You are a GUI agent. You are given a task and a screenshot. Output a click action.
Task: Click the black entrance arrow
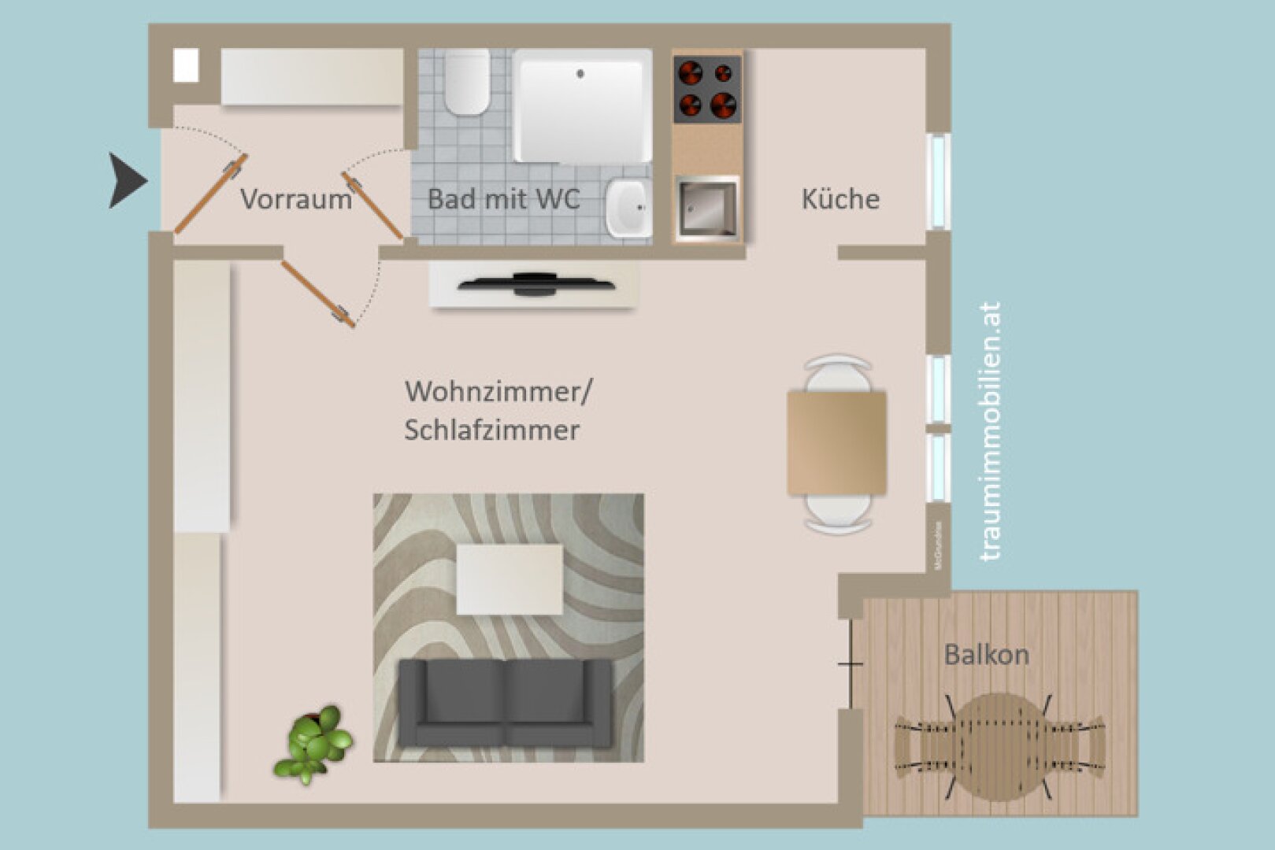(x=126, y=181)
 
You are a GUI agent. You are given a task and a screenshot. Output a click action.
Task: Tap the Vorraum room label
(x=295, y=199)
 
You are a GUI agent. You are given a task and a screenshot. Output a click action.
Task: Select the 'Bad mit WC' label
(x=503, y=199)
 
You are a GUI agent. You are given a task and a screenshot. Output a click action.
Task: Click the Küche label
(x=840, y=199)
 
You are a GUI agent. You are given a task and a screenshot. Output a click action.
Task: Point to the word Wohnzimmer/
(x=499, y=391)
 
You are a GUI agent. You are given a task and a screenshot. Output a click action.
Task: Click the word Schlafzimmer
(x=492, y=430)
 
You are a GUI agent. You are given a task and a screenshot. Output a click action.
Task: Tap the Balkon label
(x=986, y=655)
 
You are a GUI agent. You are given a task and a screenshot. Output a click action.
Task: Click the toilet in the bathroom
(x=466, y=81)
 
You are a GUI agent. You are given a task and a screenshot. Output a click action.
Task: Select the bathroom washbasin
(x=628, y=207)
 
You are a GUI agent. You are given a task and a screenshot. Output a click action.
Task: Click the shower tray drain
(x=580, y=74)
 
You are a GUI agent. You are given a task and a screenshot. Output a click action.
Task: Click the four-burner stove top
(x=707, y=88)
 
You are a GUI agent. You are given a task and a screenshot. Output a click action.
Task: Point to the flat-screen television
(x=536, y=283)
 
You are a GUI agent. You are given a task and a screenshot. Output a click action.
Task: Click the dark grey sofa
(x=505, y=703)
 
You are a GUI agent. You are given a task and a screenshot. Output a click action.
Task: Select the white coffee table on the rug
(x=510, y=579)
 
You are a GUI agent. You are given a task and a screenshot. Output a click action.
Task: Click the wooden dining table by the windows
(x=837, y=443)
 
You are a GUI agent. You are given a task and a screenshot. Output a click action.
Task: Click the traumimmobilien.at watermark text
(x=991, y=431)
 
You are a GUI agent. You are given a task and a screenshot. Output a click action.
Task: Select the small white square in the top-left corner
(x=187, y=65)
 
